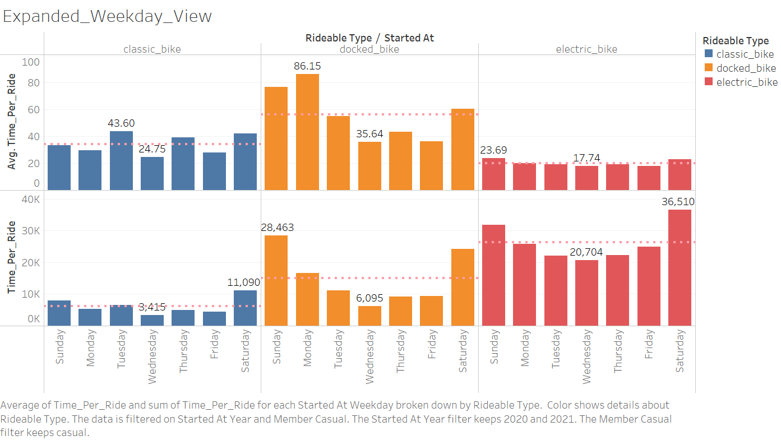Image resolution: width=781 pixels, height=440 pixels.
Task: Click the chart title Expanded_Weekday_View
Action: coord(108,16)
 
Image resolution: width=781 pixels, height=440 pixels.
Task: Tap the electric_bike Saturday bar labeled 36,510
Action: coord(680,267)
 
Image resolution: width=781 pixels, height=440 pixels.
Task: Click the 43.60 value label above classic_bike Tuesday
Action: coord(121,123)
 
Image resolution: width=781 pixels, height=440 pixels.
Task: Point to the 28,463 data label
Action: coord(277,228)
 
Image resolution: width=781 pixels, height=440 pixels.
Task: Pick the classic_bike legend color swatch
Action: coord(708,54)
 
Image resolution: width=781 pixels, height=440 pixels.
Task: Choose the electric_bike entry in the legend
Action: coord(747,82)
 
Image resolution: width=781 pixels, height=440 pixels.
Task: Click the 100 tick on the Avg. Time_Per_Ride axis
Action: coord(31,62)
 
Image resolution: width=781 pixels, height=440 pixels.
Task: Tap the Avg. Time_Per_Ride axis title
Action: coord(12,122)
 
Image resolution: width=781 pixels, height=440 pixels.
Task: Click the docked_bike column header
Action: coord(369,49)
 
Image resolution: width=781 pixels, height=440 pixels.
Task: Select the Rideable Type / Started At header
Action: coord(369,38)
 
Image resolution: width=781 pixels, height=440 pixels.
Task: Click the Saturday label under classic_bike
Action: coord(245,351)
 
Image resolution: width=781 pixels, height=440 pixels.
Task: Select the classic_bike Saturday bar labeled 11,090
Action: coord(245,308)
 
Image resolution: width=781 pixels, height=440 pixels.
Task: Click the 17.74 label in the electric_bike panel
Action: coord(586,158)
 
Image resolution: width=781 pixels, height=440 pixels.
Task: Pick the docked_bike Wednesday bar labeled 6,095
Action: coord(369,316)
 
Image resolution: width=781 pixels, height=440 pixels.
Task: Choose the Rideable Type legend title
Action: coord(735,41)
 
